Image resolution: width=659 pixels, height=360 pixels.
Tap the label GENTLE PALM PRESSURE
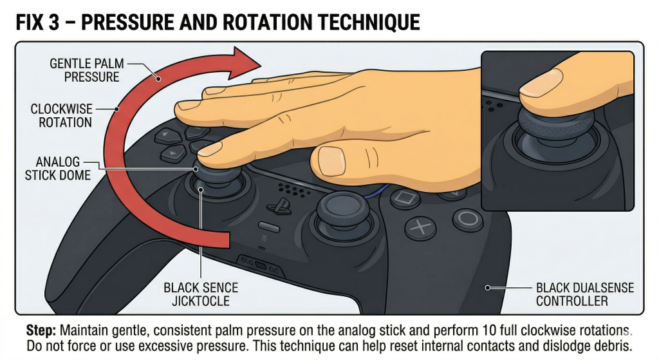[87, 70]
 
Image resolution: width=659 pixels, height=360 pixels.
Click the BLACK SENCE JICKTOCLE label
[201, 294]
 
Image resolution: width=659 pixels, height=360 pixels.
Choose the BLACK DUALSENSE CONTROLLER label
[585, 294]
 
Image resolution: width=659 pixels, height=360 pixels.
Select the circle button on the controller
[468, 218]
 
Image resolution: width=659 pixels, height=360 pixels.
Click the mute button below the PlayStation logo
[269, 227]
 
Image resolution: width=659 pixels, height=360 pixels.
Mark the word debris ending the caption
[608, 346]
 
